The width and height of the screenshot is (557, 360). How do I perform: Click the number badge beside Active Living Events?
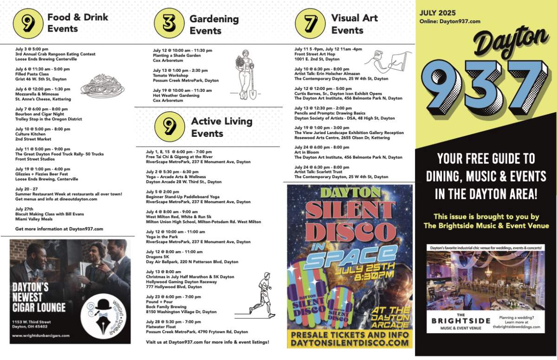click(x=169, y=127)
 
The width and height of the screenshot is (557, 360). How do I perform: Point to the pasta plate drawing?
click(x=102, y=86)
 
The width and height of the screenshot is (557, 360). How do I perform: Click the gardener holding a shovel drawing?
click(x=246, y=74)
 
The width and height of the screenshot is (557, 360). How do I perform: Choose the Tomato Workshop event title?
click(x=170, y=75)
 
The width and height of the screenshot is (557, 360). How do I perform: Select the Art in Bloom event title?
click(x=307, y=152)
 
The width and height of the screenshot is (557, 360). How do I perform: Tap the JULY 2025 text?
click(x=438, y=13)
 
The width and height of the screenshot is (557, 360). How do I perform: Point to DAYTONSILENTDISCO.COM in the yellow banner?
click(x=350, y=343)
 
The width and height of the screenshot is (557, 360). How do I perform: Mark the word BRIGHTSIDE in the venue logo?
click(x=460, y=321)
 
